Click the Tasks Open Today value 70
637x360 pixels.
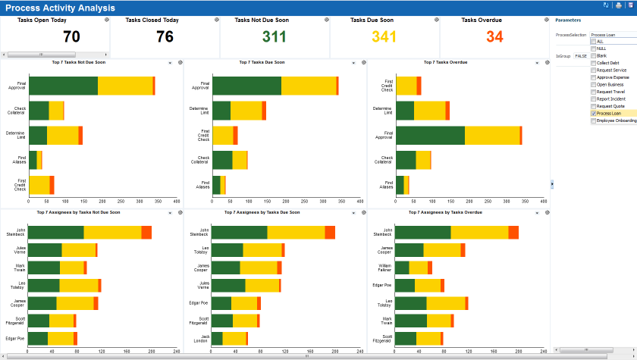pos(71,36)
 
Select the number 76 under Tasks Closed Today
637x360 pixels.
pos(165,36)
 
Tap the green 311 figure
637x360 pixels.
pos(275,36)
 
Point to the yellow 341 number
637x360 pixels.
pos(384,36)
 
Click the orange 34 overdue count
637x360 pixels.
pos(494,36)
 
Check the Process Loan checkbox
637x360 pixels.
pos(594,113)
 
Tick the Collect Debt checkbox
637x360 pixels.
pos(594,62)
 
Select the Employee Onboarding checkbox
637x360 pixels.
pos(594,121)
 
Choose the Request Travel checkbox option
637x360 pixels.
pos(594,92)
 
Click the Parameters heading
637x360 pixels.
pos(568,20)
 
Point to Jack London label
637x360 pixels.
pos(199,337)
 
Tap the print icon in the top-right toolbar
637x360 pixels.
pos(619,5)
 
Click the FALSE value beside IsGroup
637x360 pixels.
pos(581,55)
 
